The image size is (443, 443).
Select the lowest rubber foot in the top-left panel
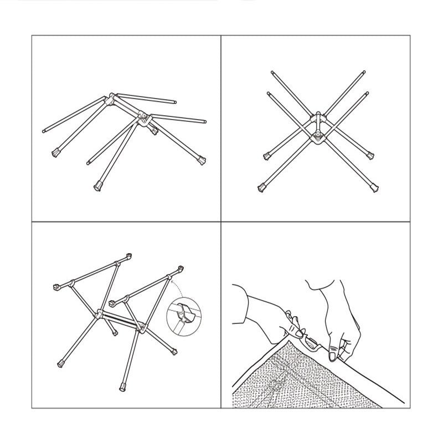tap(99, 186)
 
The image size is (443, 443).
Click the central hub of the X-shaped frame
tap(318, 127)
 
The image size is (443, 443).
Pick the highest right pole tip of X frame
tap(364, 71)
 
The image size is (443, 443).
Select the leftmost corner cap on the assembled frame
tap(56, 287)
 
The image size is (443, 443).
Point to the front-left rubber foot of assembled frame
tap(61, 364)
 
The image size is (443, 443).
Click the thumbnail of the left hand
tap(298, 334)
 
